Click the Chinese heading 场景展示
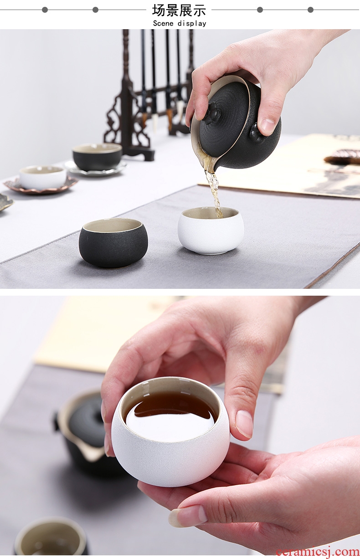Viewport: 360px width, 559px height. (x=179, y=10)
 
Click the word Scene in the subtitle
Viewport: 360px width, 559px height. (x=163, y=23)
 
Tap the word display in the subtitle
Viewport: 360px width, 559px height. (x=192, y=24)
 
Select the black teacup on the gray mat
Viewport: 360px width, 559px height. (x=113, y=242)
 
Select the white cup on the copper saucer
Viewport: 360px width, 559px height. (x=43, y=177)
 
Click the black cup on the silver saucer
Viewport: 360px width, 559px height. (x=98, y=157)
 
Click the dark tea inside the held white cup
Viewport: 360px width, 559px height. (x=172, y=410)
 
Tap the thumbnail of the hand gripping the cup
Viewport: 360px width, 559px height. (x=244, y=424)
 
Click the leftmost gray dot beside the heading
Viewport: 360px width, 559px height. (x=45, y=10)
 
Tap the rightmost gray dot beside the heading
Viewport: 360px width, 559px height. (x=310, y=10)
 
